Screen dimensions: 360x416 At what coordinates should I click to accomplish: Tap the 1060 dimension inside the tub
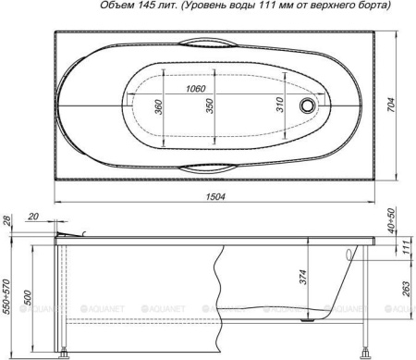(x=194, y=88)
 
